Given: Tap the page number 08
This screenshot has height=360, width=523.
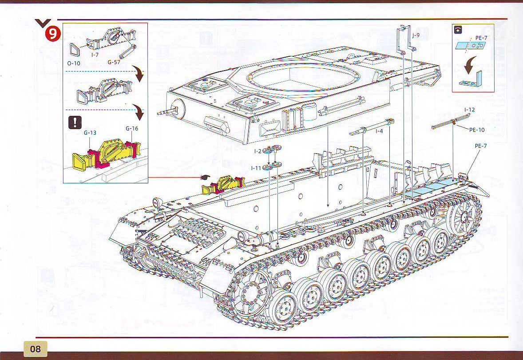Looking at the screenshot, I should point(35,349).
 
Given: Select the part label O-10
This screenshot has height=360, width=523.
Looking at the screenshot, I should point(74,63).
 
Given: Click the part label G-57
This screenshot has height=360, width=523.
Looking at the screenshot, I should point(114,62).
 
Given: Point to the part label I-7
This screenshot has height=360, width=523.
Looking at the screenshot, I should point(95,55).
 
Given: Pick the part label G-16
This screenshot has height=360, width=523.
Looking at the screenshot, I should point(132,128).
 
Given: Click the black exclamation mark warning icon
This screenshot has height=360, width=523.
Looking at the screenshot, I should point(74,122).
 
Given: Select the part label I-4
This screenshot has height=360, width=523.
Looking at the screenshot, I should point(379,131).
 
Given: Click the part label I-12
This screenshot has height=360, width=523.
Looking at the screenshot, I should point(469,109).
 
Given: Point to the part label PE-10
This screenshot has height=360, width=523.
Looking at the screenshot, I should point(477,130).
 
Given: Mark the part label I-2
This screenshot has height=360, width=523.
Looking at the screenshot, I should point(258,151).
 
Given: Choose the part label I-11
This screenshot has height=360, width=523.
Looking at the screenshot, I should point(256,168).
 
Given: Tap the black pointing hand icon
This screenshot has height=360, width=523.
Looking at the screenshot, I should point(205,178).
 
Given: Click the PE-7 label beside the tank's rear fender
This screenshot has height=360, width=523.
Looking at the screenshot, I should point(481,145).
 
